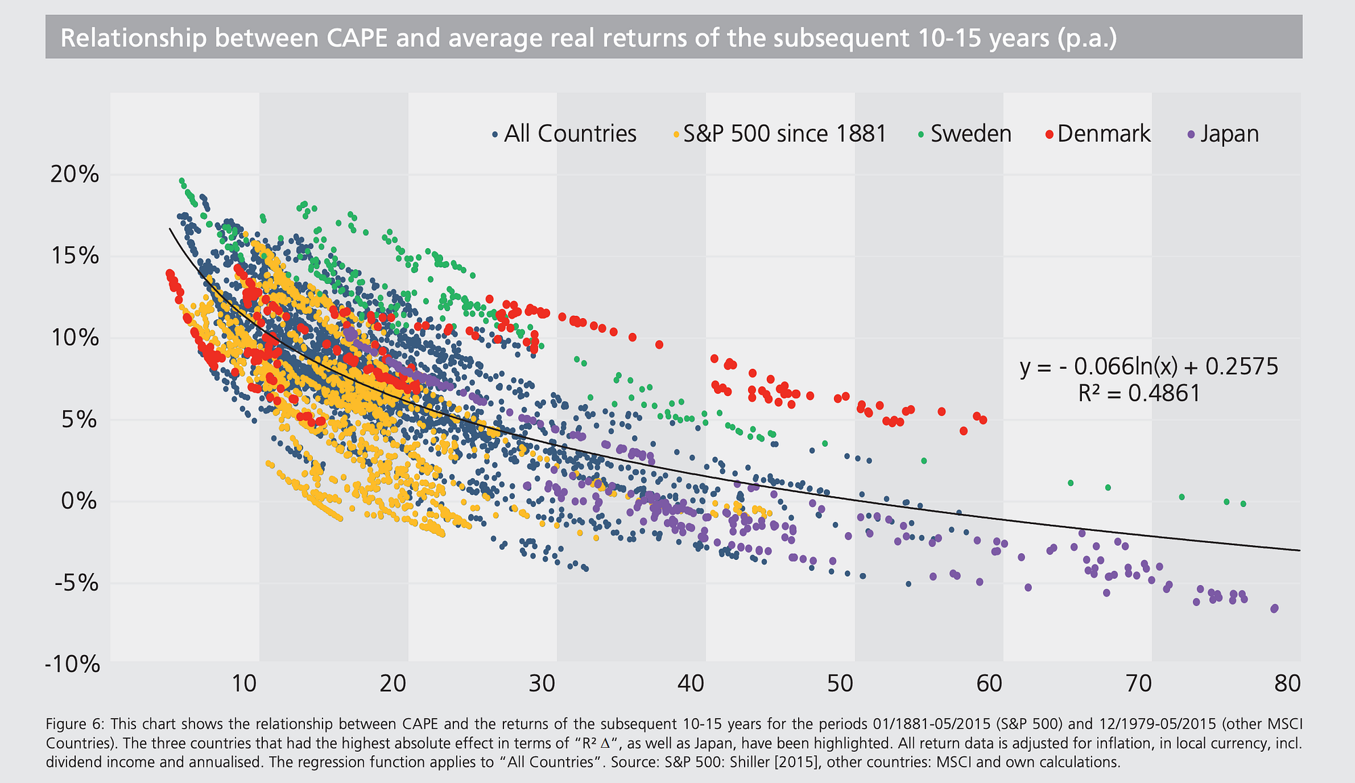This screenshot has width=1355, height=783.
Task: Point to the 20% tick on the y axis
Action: click(x=74, y=175)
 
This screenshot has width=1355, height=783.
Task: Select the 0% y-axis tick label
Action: click(x=80, y=502)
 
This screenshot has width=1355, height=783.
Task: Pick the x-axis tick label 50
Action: click(x=840, y=683)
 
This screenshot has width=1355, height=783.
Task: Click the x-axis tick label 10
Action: click(x=244, y=683)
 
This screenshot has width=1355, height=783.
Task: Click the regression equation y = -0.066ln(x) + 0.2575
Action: click(x=1148, y=367)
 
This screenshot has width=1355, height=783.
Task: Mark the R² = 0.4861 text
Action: click(x=1139, y=393)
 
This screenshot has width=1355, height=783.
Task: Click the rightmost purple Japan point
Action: click(x=1274, y=608)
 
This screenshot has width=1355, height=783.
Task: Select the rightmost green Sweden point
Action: click(x=1243, y=504)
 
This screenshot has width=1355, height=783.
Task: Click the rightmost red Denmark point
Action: click(x=983, y=420)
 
